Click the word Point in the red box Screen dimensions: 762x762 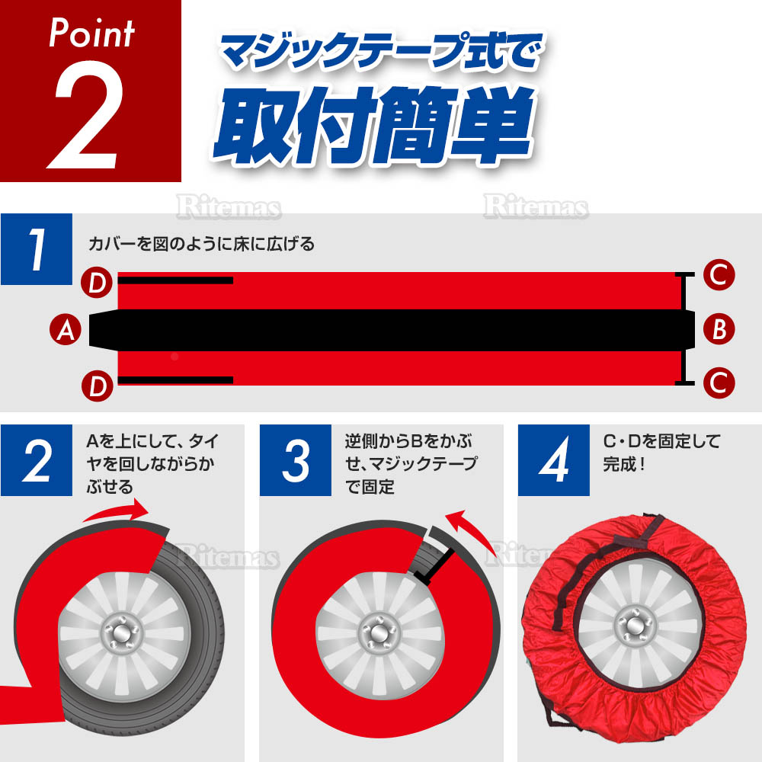pyautogui.click(x=91, y=33)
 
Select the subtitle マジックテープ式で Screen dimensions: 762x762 pyautogui.click(x=382, y=51)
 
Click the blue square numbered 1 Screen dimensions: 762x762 pyautogui.click(x=37, y=249)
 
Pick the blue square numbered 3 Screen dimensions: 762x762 pyautogui.click(x=296, y=460)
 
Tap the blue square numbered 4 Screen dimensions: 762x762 pyautogui.click(x=553, y=460)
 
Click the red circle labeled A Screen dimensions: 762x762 pyautogui.click(x=66, y=329)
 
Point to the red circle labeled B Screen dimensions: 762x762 pyautogui.click(x=719, y=329)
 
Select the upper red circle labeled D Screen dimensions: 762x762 pyautogui.click(x=98, y=283)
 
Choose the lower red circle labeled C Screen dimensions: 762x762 pyautogui.click(x=719, y=383)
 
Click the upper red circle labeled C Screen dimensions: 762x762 pyautogui.click(x=719, y=274)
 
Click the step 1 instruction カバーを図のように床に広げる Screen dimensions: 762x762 pyautogui.click(x=202, y=244)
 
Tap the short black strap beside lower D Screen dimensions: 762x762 pyautogui.click(x=175, y=380)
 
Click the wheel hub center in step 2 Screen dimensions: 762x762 pyautogui.click(x=122, y=635)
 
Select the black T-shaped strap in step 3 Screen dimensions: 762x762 pyautogui.click(x=435, y=566)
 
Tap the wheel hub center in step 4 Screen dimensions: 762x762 pyautogui.click(x=633, y=626)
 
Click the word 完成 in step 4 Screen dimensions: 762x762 pyautogui.click(x=619, y=464)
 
